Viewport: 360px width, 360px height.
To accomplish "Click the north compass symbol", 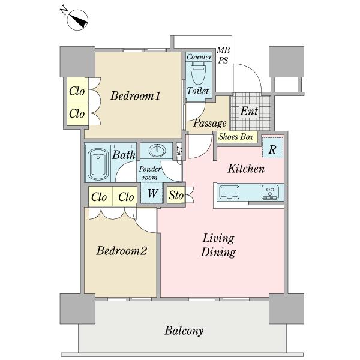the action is (x=77, y=20).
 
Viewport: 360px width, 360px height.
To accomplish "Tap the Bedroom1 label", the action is (x=136, y=96).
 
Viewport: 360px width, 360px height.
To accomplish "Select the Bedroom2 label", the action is (x=122, y=250).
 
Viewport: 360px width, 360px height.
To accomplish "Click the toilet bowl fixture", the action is (x=199, y=73).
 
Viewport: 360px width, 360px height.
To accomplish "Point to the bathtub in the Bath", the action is (x=98, y=164).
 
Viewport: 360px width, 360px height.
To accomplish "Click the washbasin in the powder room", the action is (x=157, y=151).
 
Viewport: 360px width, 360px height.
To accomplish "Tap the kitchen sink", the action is (x=229, y=192).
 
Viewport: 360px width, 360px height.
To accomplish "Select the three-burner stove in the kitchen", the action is (x=270, y=192).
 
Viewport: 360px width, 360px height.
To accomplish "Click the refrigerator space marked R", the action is (x=272, y=148).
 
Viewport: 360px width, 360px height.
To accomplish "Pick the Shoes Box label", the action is (x=236, y=137).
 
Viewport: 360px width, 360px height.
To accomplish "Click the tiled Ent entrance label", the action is (x=249, y=112).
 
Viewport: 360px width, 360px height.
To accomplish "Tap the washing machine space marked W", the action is (x=152, y=193).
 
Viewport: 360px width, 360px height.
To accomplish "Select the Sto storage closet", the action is (x=176, y=195).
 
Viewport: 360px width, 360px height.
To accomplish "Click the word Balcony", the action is (x=184, y=331).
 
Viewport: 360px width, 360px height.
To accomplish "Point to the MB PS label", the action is (x=223, y=55).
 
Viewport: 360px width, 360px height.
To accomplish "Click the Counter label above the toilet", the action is (x=199, y=57).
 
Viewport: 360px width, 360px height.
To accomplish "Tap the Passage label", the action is (x=210, y=123).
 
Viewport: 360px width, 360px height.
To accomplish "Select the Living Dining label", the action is (x=218, y=245).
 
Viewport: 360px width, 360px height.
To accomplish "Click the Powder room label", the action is (x=149, y=173).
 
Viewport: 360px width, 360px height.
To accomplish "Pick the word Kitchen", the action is (x=246, y=169).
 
